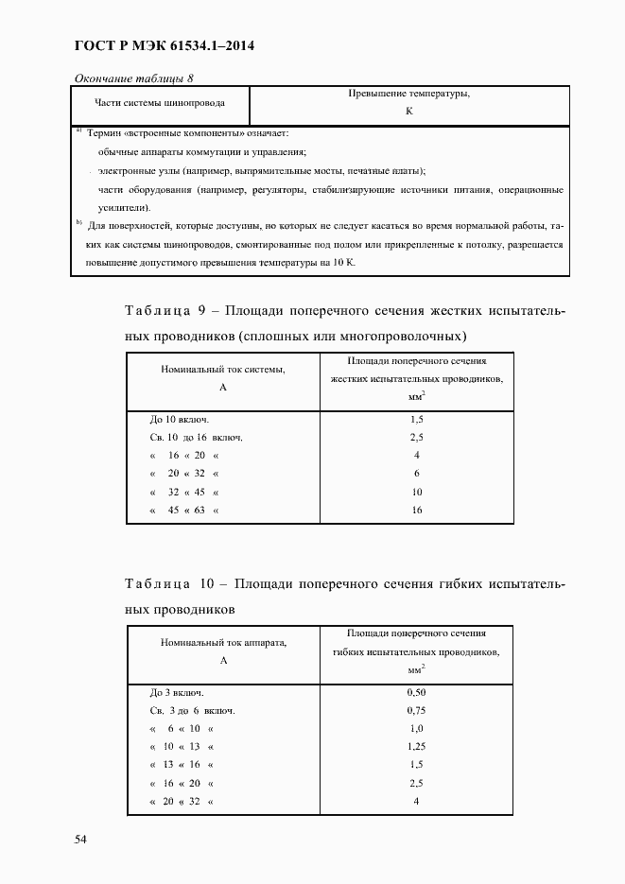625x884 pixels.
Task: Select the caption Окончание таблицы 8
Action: coord(132,78)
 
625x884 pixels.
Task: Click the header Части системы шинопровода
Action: coord(160,104)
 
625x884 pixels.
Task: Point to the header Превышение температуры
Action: coord(409,95)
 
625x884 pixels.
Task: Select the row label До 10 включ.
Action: coord(179,418)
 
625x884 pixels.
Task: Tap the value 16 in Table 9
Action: coord(416,511)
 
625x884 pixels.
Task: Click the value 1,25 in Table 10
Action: coord(416,746)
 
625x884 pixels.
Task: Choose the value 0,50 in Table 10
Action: coord(416,692)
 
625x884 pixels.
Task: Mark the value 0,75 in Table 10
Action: coord(416,710)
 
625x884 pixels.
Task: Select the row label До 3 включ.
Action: coord(176,692)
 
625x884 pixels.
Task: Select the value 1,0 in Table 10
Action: coord(416,728)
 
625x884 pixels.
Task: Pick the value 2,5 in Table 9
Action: coord(416,437)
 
